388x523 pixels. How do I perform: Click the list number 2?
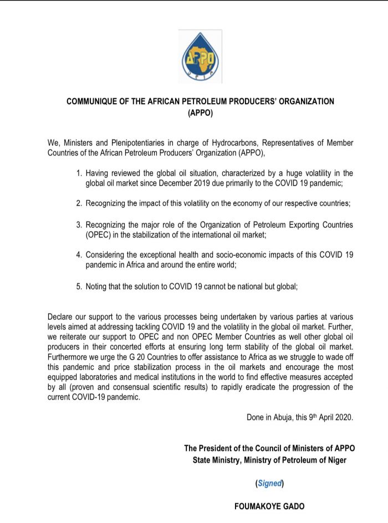pos(79,203)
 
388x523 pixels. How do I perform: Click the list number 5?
pos(79,286)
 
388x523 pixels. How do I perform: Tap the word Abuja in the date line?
pos(282,418)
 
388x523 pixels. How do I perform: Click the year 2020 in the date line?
pos(343,418)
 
